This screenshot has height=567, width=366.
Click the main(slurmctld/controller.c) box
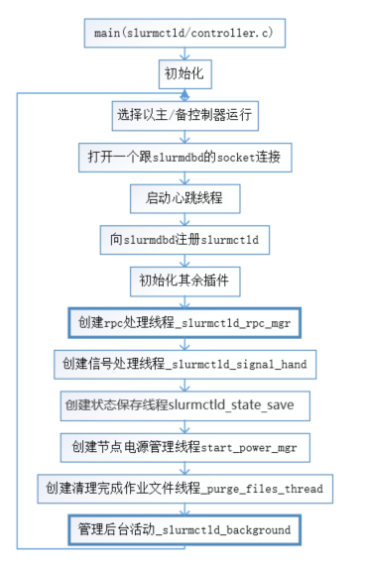[184, 34]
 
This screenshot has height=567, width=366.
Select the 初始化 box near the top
[184, 73]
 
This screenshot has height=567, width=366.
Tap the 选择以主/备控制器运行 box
[184, 115]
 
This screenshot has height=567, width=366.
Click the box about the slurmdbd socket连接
[184, 157]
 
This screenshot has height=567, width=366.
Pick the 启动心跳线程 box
[184, 197]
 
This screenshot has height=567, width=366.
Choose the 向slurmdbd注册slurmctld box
[184, 239]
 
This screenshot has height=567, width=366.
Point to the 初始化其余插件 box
[184, 281]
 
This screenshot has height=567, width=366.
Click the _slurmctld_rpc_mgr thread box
[184, 322]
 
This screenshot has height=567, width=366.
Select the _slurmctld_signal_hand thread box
[184, 364]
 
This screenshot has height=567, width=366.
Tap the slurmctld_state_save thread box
[184, 405]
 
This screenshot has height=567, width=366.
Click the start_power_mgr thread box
[184, 447]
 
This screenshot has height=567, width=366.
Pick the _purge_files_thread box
[184, 489]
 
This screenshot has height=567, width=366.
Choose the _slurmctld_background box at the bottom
[184, 530]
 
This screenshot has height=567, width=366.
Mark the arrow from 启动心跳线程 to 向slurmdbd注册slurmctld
[184, 218]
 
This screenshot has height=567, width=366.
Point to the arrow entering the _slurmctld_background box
[184, 510]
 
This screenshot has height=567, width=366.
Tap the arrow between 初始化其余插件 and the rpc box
[184, 301]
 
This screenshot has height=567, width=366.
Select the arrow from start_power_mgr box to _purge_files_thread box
[184, 468]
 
